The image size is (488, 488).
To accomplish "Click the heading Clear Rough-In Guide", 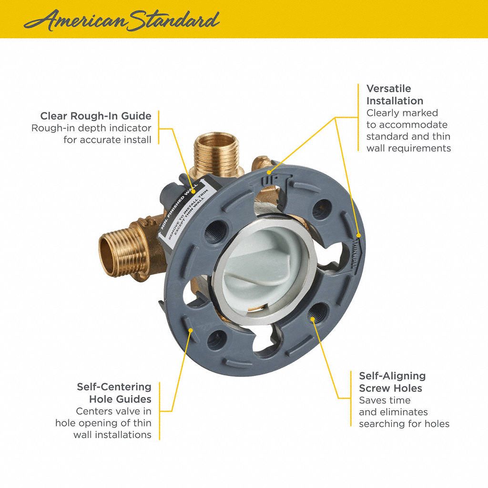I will (96, 116).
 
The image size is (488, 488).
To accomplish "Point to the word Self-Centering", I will (114, 386).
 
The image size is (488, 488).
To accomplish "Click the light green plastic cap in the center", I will (264, 267).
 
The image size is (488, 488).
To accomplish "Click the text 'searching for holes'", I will (404, 424).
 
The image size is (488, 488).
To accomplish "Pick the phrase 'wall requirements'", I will (408, 148).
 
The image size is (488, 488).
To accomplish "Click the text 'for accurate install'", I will (107, 140).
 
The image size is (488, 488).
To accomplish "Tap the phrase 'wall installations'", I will (112, 435).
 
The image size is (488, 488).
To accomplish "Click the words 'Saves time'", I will (385, 400).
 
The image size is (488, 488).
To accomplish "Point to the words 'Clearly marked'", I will (402, 113).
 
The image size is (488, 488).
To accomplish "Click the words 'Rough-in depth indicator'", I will (91, 128).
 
